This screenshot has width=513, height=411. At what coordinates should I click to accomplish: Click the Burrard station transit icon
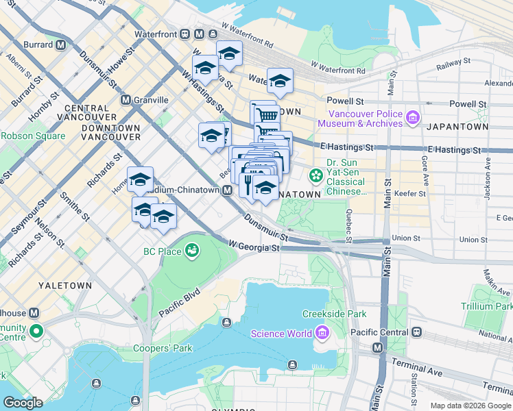(60, 45)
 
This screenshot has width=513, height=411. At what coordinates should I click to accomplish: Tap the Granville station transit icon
(126, 99)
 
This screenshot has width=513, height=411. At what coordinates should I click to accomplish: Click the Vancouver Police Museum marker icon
(412, 118)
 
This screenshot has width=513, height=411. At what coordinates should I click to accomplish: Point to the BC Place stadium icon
(192, 251)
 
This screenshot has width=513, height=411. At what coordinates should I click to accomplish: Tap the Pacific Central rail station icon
(416, 332)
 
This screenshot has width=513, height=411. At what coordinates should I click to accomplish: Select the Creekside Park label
(335, 314)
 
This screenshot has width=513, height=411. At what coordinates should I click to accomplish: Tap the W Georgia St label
(253, 245)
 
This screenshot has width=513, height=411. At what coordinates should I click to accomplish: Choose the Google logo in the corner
(23, 403)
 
